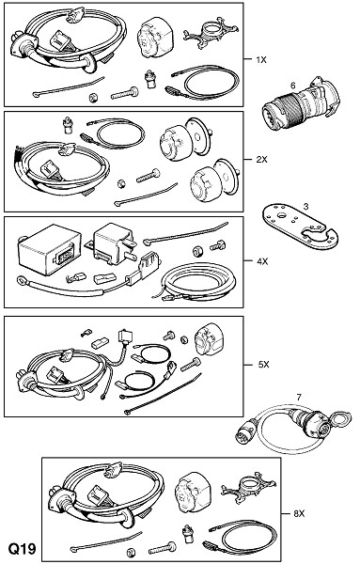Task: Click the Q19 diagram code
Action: [23, 549]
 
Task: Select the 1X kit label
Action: [261, 60]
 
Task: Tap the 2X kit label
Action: [262, 160]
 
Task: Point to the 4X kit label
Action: [262, 261]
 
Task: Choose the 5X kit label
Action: [263, 365]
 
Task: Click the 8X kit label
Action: [299, 514]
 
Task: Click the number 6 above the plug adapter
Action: [292, 86]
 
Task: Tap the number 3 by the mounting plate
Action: [305, 207]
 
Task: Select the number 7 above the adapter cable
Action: [299, 398]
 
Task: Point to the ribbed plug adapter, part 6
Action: [302, 103]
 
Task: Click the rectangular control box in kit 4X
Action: [49, 250]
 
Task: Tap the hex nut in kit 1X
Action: [93, 98]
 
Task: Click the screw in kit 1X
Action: [125, 93]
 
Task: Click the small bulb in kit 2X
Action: [67, 124]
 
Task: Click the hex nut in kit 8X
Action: [132, 552]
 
